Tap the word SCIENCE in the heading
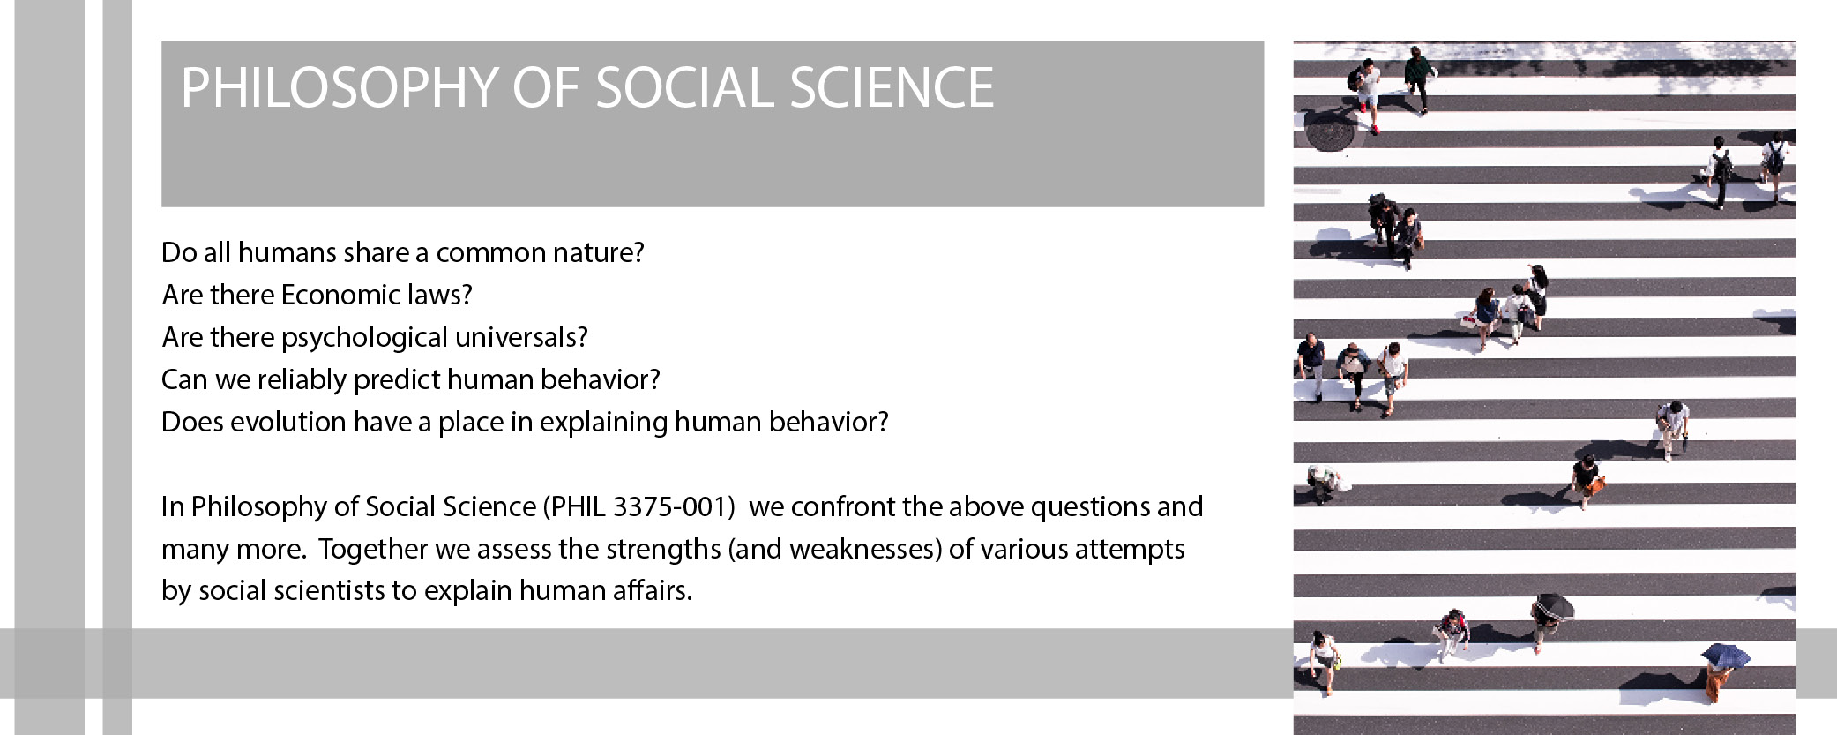(892, 88)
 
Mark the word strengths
(662, 550)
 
